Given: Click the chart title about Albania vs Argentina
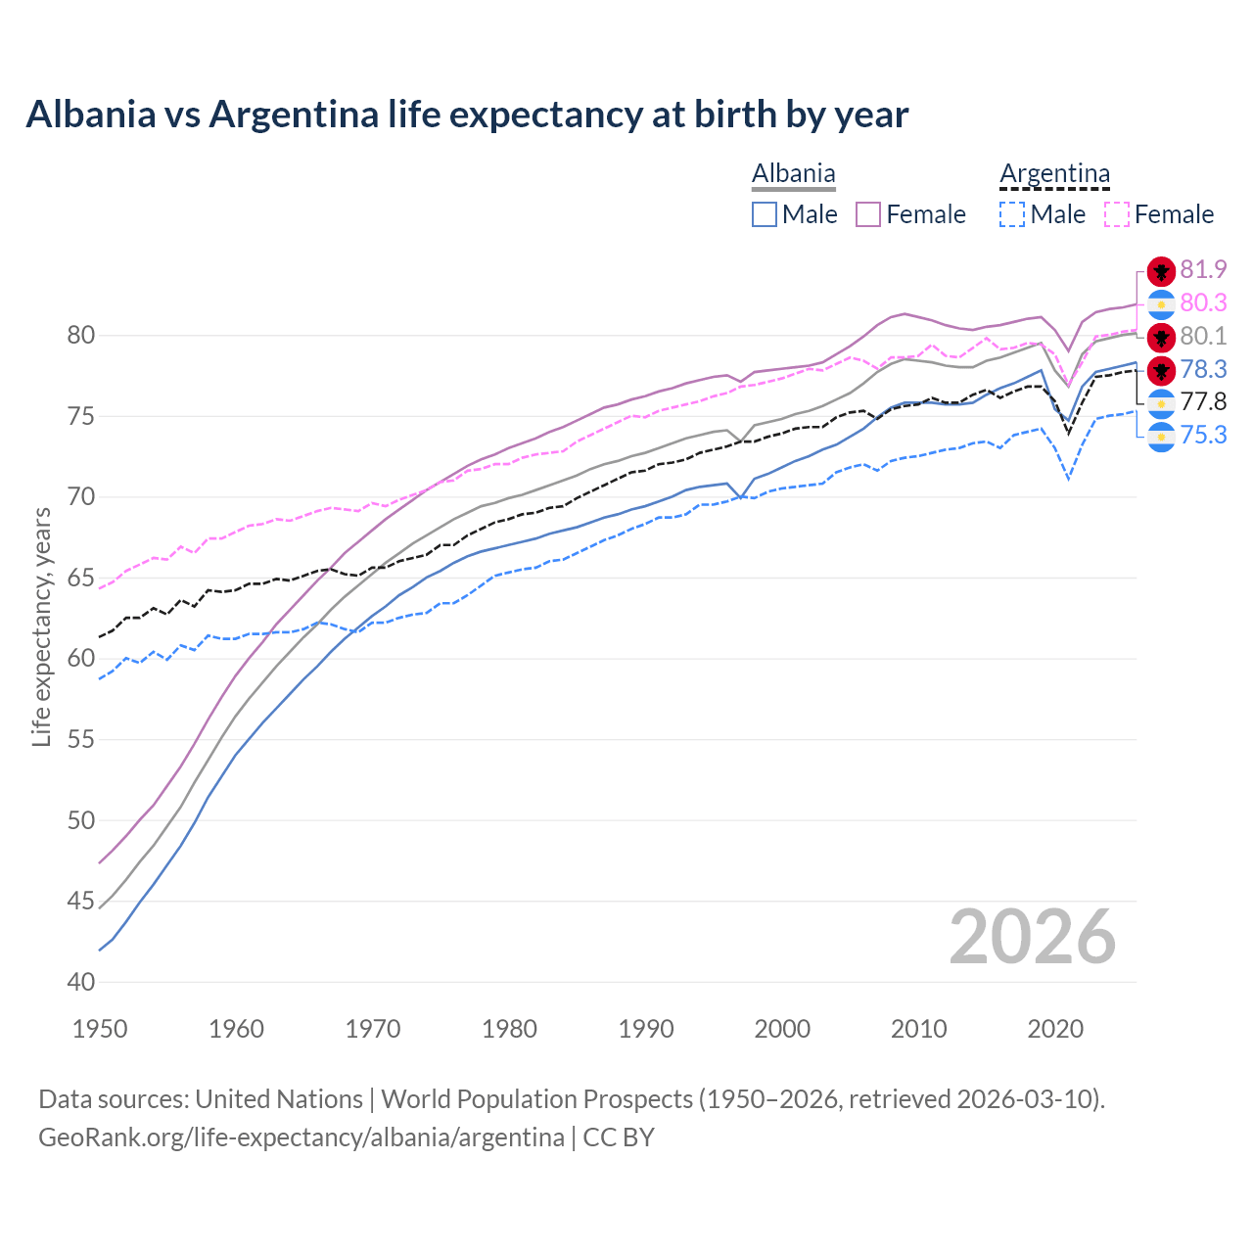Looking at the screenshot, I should pos(467,115).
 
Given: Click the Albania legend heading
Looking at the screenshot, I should pos(793,174).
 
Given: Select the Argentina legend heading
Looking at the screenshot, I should pos(1054,174).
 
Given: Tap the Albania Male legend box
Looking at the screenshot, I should pos(765,214).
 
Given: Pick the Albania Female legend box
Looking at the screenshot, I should pos(868,214).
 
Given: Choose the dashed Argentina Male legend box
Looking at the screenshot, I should pos(1012,214).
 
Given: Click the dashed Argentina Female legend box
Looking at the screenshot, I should pos(1116,214).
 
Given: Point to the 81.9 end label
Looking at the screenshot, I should pos(1203,269).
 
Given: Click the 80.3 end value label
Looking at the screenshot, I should pos(1203,303).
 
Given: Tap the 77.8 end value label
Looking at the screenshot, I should pos(1203,401).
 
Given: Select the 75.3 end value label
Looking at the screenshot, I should pos(1203,435).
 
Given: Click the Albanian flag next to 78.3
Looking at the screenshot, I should pos(1161,370).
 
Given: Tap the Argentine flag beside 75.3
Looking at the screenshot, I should pos(1161,437).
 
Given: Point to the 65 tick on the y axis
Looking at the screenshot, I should pos(81,578).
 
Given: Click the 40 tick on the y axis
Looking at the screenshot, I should pos(81,982).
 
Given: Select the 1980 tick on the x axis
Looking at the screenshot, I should pos(510,1029).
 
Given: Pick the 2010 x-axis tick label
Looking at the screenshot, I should pos(919,1029).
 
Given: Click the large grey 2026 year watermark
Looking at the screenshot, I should pos(1032,937).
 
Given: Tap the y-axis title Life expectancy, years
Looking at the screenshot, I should pos(42,626).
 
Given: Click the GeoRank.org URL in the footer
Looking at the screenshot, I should pos(302,1137).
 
